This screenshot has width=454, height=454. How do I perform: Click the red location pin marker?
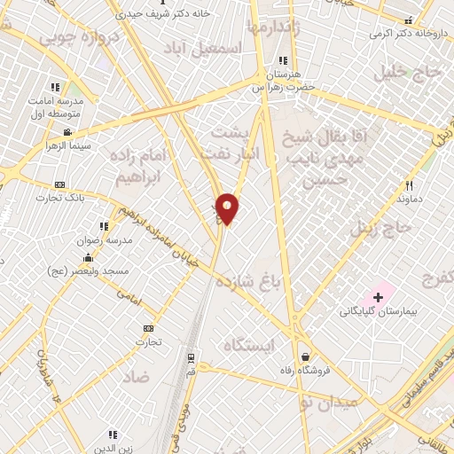(x=228, y=209)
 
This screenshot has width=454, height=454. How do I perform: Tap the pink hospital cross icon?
(x=379, y=295)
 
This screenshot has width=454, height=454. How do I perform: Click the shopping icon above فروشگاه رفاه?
(x=305, y=356)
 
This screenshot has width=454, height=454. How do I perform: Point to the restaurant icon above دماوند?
(x=409, y=185)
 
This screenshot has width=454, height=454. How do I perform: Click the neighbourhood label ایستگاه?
(x=249, y=344)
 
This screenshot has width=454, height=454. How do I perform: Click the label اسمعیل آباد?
(x=235, y=51)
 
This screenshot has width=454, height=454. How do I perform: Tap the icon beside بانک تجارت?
(x=59, y=184)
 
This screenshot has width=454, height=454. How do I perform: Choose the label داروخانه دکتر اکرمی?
(x=407, y=34)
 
